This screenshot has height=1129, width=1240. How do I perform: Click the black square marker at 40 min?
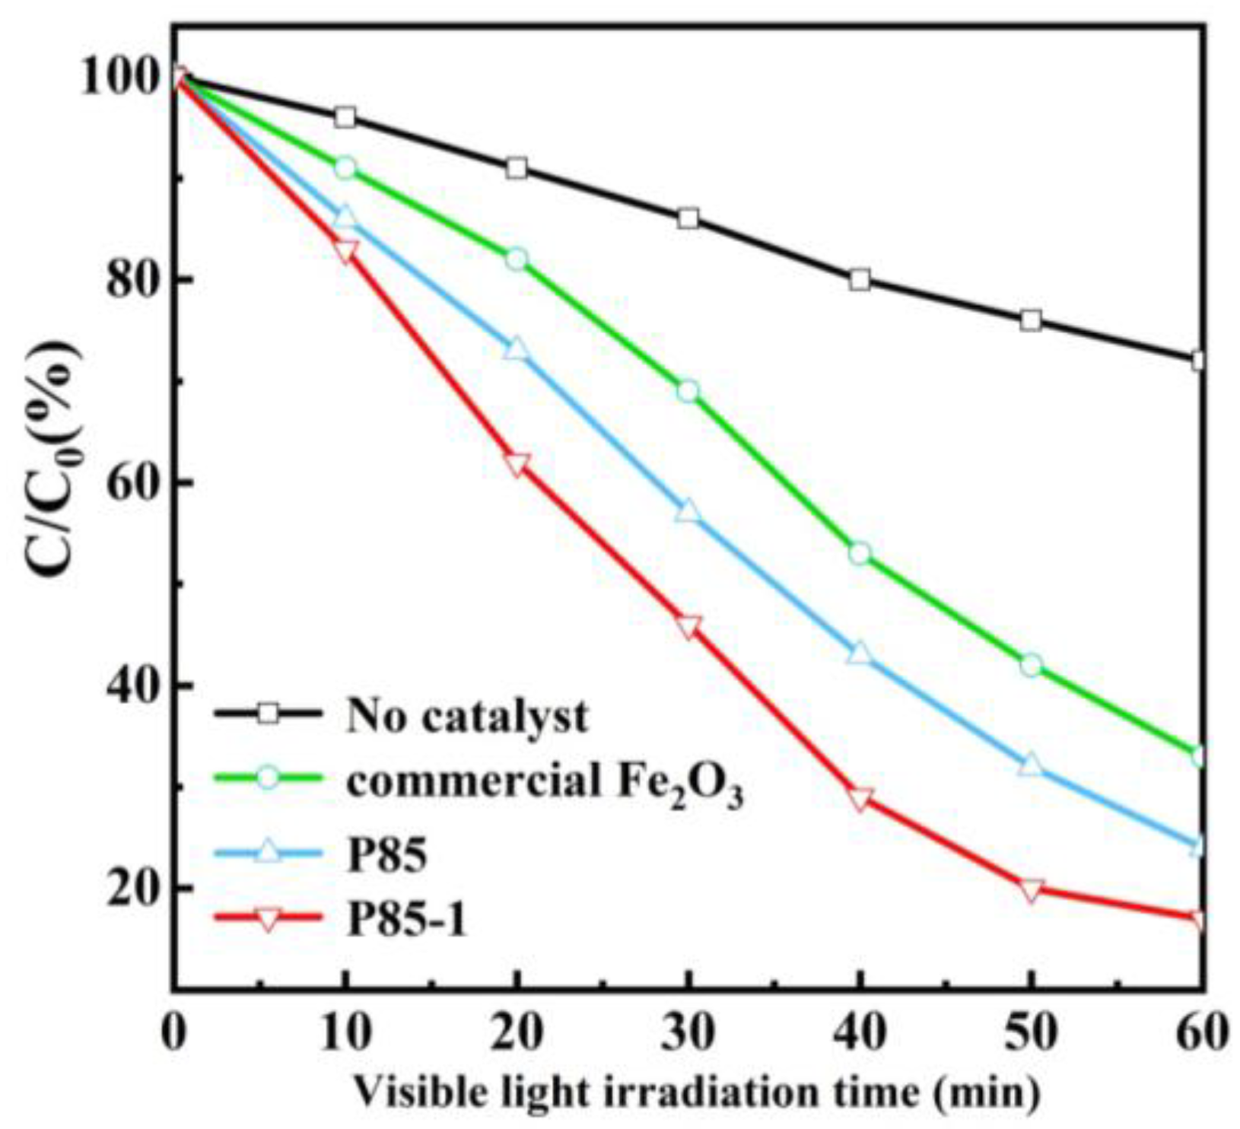tap(860, 279)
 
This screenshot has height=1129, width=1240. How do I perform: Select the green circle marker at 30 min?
tap(688, 392)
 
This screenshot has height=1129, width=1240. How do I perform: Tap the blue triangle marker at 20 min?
tap(517, 349)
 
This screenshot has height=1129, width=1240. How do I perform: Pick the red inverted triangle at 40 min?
tap(860, 799)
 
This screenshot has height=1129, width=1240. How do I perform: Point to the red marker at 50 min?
tap(1031, 889)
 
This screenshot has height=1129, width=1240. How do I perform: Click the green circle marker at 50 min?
tap(1031, 665)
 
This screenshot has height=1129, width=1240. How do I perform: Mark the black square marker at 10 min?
tap(345, 117)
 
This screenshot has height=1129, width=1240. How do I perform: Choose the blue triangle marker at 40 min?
tap(860, 653)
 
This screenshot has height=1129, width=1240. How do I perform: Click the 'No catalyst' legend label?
tap(467, 715)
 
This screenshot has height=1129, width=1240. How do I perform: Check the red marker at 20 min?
tap(517, 465)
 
